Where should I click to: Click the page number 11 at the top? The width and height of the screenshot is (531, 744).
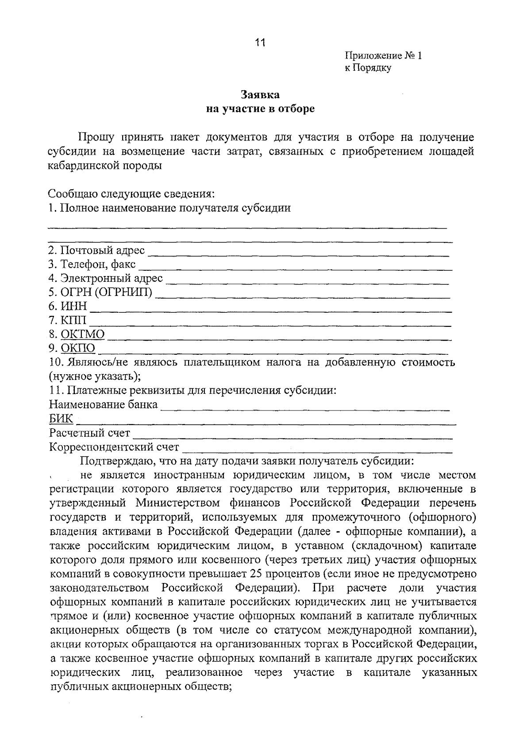pyautogui.click(x=260, y=42)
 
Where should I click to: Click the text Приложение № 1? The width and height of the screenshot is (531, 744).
pyautogui.click(x=383, y=56)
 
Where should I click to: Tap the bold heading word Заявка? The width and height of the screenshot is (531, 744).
pyautogui.click(x=260, y=95)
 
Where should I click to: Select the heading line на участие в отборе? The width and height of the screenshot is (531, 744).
pyautogui.click(x=260, y=109)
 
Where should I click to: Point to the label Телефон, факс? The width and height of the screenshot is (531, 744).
pyautogui.click(x=92, y=265)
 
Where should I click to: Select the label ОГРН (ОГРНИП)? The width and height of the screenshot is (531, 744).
pyautogui.click(x=100, y=292)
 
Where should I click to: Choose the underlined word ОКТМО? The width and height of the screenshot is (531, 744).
pyautogui.click(x=83, y=334)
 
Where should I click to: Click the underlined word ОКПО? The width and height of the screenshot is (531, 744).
pyautogui.click(x=78, y=349)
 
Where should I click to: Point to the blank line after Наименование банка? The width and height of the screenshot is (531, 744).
pyautogui.click(x=305, y=407)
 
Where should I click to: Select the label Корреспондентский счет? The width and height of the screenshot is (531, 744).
pyautogui.click(x=114, y=447)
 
